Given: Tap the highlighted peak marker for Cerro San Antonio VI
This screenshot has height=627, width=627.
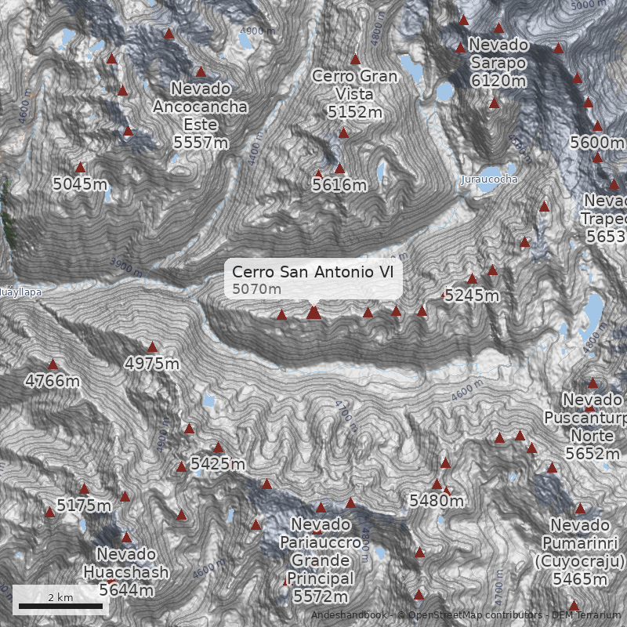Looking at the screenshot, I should pos(313,313).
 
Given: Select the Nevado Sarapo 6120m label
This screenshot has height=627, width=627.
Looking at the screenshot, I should pos(498,63).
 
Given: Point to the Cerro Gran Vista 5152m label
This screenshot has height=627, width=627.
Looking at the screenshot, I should pos(355,94).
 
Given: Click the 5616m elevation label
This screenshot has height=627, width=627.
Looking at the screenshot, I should pos(339,186).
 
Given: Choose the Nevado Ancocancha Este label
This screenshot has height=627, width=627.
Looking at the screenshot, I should pos(201,115).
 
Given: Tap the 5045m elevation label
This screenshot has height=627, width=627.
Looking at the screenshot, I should pos(79,184).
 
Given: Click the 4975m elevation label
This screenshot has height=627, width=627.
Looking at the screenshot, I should pos(152,364).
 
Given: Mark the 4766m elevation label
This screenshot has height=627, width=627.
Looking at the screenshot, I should pos(53,382).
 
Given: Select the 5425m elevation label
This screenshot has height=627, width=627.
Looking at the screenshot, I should pos(218,464).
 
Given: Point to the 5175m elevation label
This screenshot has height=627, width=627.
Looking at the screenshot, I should pos(84,506).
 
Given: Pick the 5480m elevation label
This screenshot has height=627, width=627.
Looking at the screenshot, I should pos(437,501).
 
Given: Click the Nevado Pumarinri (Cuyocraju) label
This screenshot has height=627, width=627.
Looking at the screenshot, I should pos(580,552).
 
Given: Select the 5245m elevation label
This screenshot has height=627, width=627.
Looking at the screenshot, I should pos(471,296).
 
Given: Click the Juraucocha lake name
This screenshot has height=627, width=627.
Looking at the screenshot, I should pos(490,179).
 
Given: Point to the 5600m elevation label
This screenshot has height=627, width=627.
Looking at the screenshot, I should pos(597,143).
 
